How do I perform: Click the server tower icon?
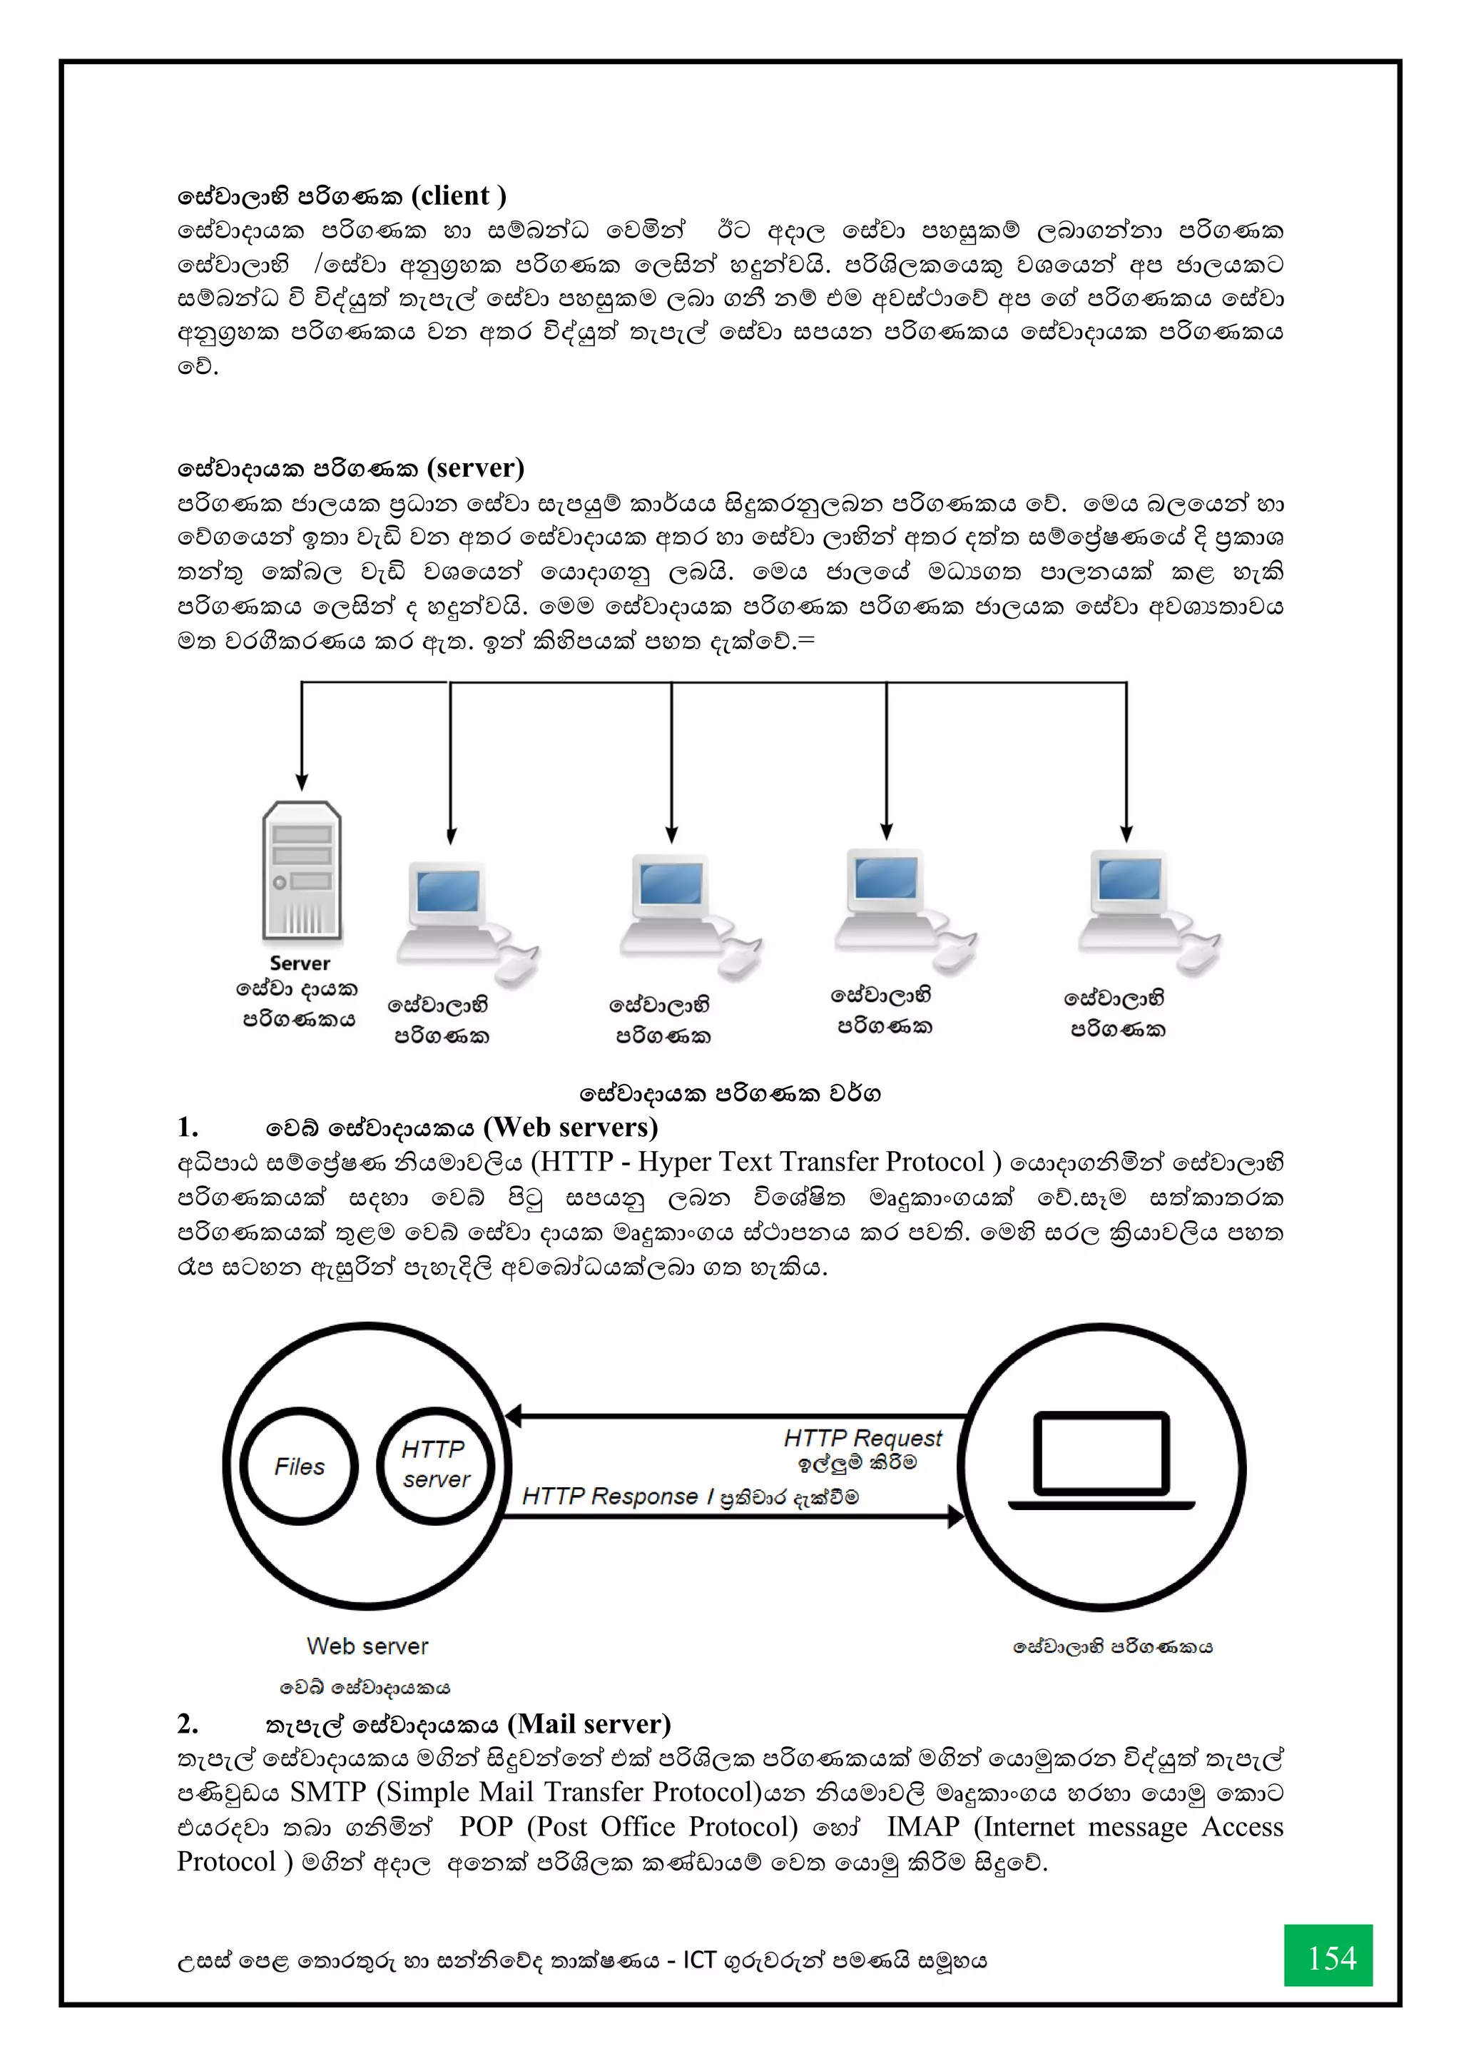click(301, 871)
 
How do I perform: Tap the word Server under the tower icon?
click(300, 963)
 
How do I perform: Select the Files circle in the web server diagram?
click(300, 1467)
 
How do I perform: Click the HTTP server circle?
click(435, 1465)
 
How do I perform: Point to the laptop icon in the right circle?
click(1102, 1462)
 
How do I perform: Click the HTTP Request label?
click(862, 1438)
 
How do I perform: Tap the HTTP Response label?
click(610, 1497)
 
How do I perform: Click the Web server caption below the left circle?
click(367, 1646)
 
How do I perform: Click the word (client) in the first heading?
click(459, 196)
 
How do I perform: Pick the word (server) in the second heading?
click(476, 468)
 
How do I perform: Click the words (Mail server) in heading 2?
click(589, 1724)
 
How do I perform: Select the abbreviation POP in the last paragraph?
click(486, 1827)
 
